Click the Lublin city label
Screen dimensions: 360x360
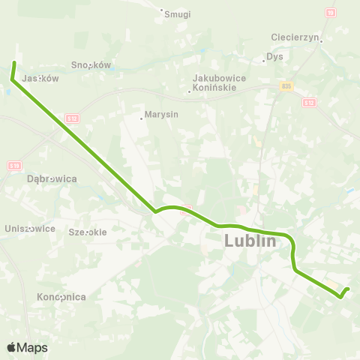point(250,241)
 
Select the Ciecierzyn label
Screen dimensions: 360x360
point(296,37)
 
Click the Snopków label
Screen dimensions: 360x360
point(91,65)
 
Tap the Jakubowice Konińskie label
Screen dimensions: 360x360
point(214,82)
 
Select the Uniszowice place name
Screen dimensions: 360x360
point(29,228)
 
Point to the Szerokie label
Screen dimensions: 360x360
point(87,232)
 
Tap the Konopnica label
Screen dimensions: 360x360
point(61,297)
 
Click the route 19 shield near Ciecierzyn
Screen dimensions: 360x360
point(331,13)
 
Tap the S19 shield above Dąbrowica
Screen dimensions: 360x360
point(15,166)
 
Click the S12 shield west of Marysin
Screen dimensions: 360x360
point(72,118)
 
